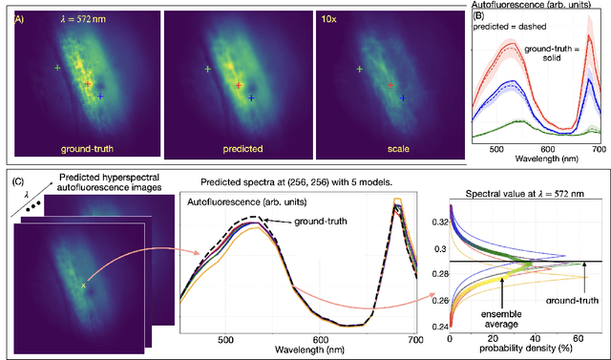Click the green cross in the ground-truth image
57,69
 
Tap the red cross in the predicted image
238,84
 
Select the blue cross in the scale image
403,97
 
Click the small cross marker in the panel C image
83,285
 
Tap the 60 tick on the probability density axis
577,338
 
